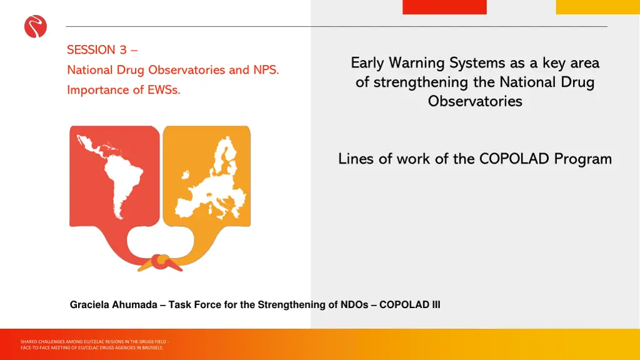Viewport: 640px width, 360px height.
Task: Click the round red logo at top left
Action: tap(36, 27)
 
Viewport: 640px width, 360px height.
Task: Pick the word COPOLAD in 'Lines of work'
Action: tap(514, 159)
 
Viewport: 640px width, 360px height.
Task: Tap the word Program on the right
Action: tap(582, 159)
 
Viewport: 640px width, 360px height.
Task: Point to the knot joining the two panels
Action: tap(161, 261)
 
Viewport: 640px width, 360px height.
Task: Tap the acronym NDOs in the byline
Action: tap(355, 305)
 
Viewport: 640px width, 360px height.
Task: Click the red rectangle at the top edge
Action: tap(444, 7)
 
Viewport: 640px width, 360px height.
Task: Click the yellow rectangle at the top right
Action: tap(597, 7)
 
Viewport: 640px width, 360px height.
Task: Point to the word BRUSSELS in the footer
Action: tap(153, 347)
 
